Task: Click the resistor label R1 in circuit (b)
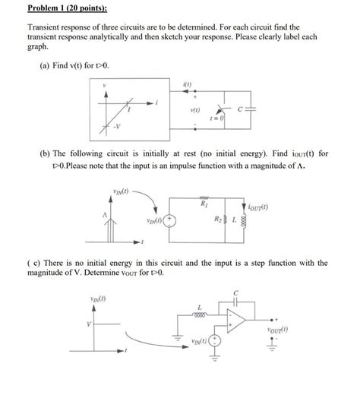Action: click(x=226, y=204)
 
